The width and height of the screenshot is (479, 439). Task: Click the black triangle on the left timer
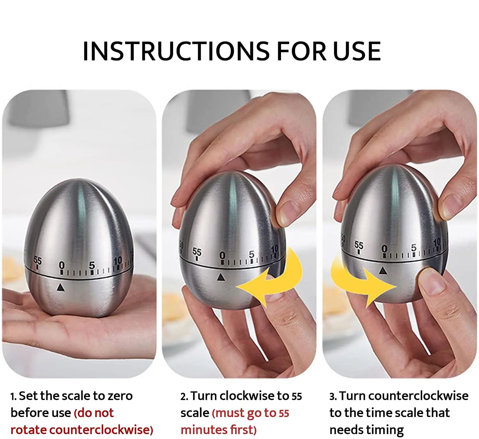[x=60, y=288]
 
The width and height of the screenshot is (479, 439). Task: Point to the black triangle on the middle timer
[x=221, y=277]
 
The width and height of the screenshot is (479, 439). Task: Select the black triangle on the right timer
[x=383, y=271]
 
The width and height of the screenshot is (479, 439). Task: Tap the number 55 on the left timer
[x=38, y=261]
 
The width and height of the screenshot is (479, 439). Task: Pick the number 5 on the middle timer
[x=252, y=254]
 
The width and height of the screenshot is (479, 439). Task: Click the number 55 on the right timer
[x=359, y=245]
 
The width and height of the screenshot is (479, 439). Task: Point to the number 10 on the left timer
[x=118, y=261]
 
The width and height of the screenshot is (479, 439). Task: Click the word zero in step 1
[x=120, y=396]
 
